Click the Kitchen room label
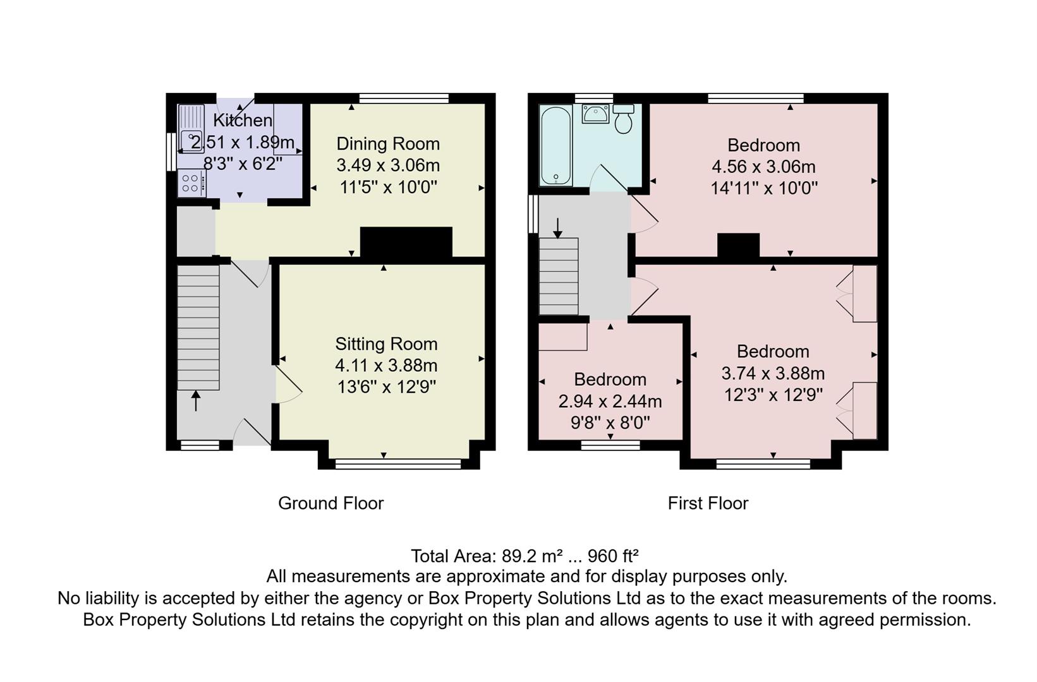pyautogui.click(x=243, y=120)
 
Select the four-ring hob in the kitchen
pyautogui.click(x=190, y=184)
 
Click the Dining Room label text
pyautogui.click(x=387, y=144)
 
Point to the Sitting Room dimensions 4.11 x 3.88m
pyautogui.click(x=386, y=366)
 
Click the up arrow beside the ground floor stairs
pyautogui.click(x=196, y=400)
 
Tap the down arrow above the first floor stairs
pyautogui.click(x=557, y=228)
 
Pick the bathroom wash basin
pyautogui.click(x=595, y=114)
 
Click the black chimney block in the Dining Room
pyautogui.click(x=406, y=241)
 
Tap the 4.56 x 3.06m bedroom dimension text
pyautogui.click(x=763, y=167)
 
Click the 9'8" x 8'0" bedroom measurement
pyautogui.click(x=610, y=422)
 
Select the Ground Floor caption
pyautogui.click(x=331, y=503)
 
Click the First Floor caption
pyautogui.click(x=708, y=503)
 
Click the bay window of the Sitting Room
pyautogui.click(x=398, y=465)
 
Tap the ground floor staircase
pyautogui.click(x=198, y=327)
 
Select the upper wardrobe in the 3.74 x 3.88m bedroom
pyautogui.click(x=864, y=294)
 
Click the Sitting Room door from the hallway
pyautogui.click(x=288, y=386)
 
